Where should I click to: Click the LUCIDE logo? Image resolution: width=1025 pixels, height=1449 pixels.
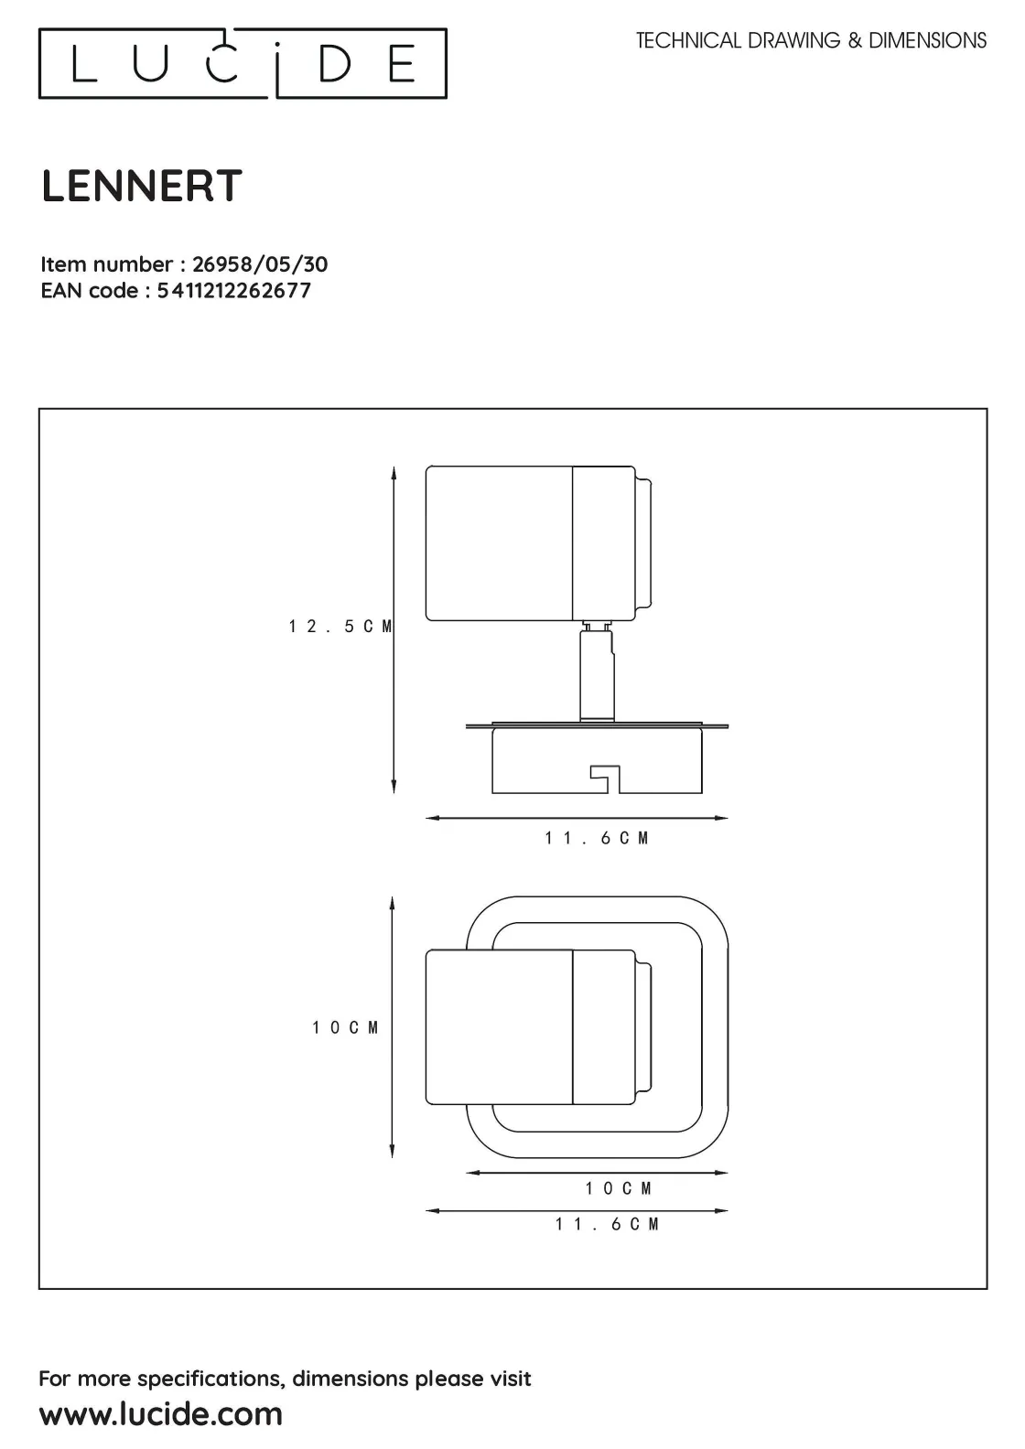click(243, 63)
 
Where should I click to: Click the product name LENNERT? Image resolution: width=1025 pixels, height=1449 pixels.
click(142, 187)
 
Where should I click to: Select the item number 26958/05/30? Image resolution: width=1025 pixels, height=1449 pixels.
click(260, 264)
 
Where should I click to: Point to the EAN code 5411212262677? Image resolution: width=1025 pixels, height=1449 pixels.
click(234, 291)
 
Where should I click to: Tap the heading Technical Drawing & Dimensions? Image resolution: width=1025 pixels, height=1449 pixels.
click(811, 40)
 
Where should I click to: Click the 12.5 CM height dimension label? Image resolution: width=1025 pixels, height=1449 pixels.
click(340, 627)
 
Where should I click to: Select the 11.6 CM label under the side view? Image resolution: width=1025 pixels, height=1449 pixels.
click(597, 838)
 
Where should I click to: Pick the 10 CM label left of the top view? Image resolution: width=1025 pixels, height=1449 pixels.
click(345, 1028)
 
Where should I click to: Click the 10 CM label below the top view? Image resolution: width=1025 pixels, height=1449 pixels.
click(619, 1188)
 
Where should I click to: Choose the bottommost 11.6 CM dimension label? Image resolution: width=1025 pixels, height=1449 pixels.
click(607, 1224)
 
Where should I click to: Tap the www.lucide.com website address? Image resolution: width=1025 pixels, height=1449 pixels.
click(161, 1413)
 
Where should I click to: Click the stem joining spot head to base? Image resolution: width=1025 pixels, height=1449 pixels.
click(596, 672)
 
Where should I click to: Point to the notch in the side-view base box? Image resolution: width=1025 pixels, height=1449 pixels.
click(605, 778)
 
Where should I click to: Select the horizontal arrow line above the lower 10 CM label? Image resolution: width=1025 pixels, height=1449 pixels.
click(597, 1172)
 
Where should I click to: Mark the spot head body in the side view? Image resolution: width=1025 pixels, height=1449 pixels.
click(500, 543)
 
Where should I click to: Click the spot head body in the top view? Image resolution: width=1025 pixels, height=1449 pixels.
click(500, 1026)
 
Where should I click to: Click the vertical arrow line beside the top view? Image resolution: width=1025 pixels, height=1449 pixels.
click(392, 1026)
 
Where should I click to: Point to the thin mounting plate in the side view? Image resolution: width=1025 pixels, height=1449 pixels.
click(597, 726)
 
